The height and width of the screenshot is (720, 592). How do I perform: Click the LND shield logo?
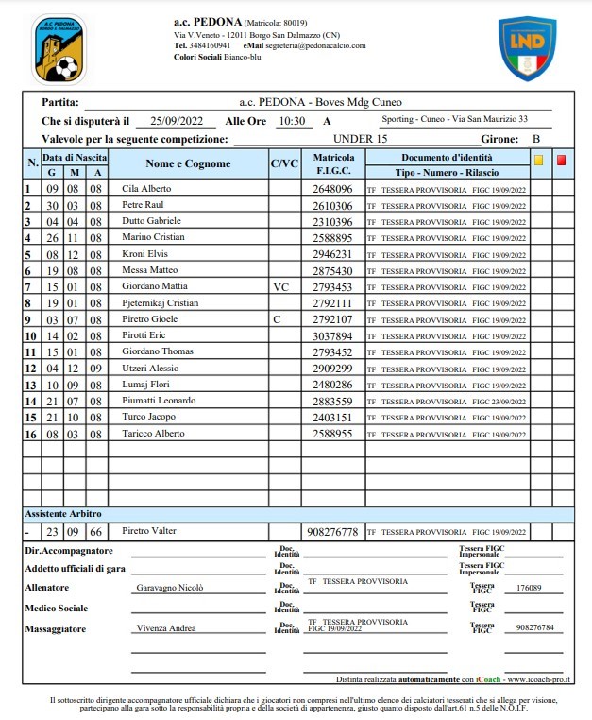point(527,48)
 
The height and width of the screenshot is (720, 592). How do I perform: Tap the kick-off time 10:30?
point(291,121)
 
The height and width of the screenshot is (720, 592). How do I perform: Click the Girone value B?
point(535,139)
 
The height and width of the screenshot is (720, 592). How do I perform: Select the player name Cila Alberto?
point(147,189)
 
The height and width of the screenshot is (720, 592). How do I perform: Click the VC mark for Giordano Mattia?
point(279,286)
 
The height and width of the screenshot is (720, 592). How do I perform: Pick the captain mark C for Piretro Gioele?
point(277,319)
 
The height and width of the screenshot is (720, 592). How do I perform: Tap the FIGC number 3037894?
point(332,335)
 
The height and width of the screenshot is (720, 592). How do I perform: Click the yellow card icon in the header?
point(538,161)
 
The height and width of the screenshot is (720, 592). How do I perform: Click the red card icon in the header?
point(562,161)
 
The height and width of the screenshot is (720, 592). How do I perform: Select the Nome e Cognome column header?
point(188,164)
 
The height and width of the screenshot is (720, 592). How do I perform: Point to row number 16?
point(29,434)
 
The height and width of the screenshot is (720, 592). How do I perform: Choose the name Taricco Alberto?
point(153,434)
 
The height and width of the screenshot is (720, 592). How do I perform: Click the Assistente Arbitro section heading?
point(62,514)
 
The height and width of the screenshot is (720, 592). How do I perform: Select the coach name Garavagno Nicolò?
point(170,588)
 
